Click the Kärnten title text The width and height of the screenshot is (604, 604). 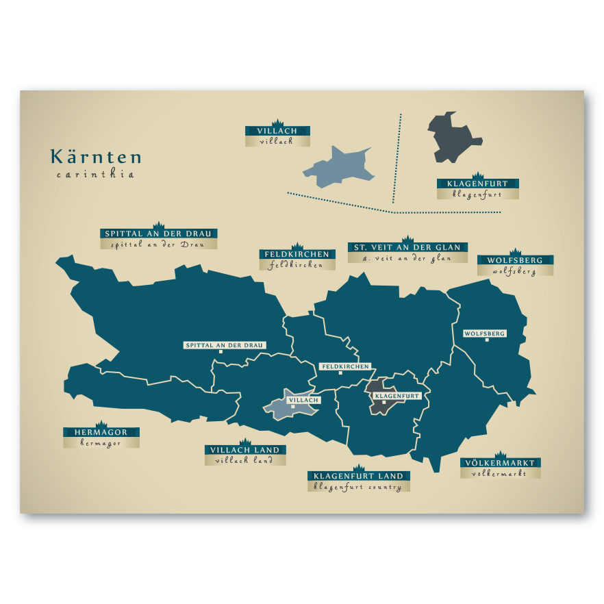96,157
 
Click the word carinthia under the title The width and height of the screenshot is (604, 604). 95,175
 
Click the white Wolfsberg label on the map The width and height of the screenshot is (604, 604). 485,334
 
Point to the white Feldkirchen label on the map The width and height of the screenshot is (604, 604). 345,366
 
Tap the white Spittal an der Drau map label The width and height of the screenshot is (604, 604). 225,345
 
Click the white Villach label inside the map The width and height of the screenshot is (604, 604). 303,399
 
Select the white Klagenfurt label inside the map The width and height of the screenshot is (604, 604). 397,396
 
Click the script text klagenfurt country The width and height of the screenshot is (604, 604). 358,487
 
